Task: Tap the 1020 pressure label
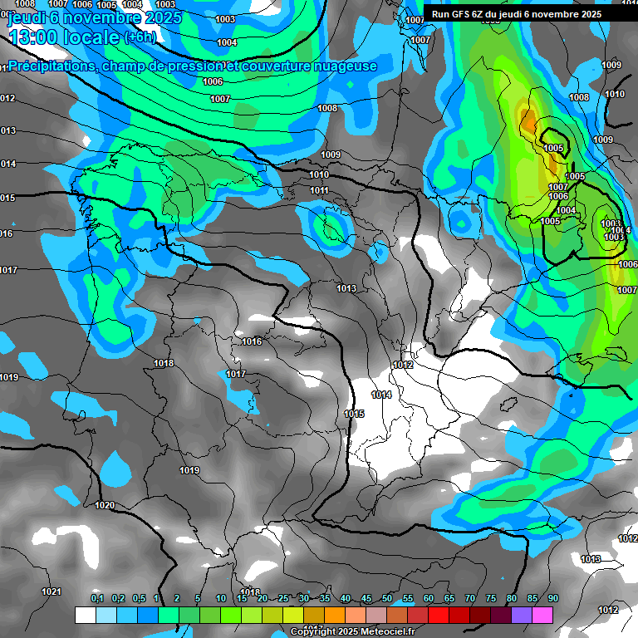coord(105,505)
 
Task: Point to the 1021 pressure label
coord(52,591)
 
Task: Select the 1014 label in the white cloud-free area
coord(381,395)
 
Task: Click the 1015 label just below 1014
coord(354,414)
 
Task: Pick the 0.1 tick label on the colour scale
coord(97,599)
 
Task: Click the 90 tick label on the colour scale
coord(552,599)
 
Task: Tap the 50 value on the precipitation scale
coord(387,599)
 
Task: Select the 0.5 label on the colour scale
coord(139,599)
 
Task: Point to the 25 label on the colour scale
coord(283,599)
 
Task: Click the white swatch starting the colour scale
coord(85,615)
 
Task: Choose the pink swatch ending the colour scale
coord(542,615)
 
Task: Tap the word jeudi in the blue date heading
coord(27,17)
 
